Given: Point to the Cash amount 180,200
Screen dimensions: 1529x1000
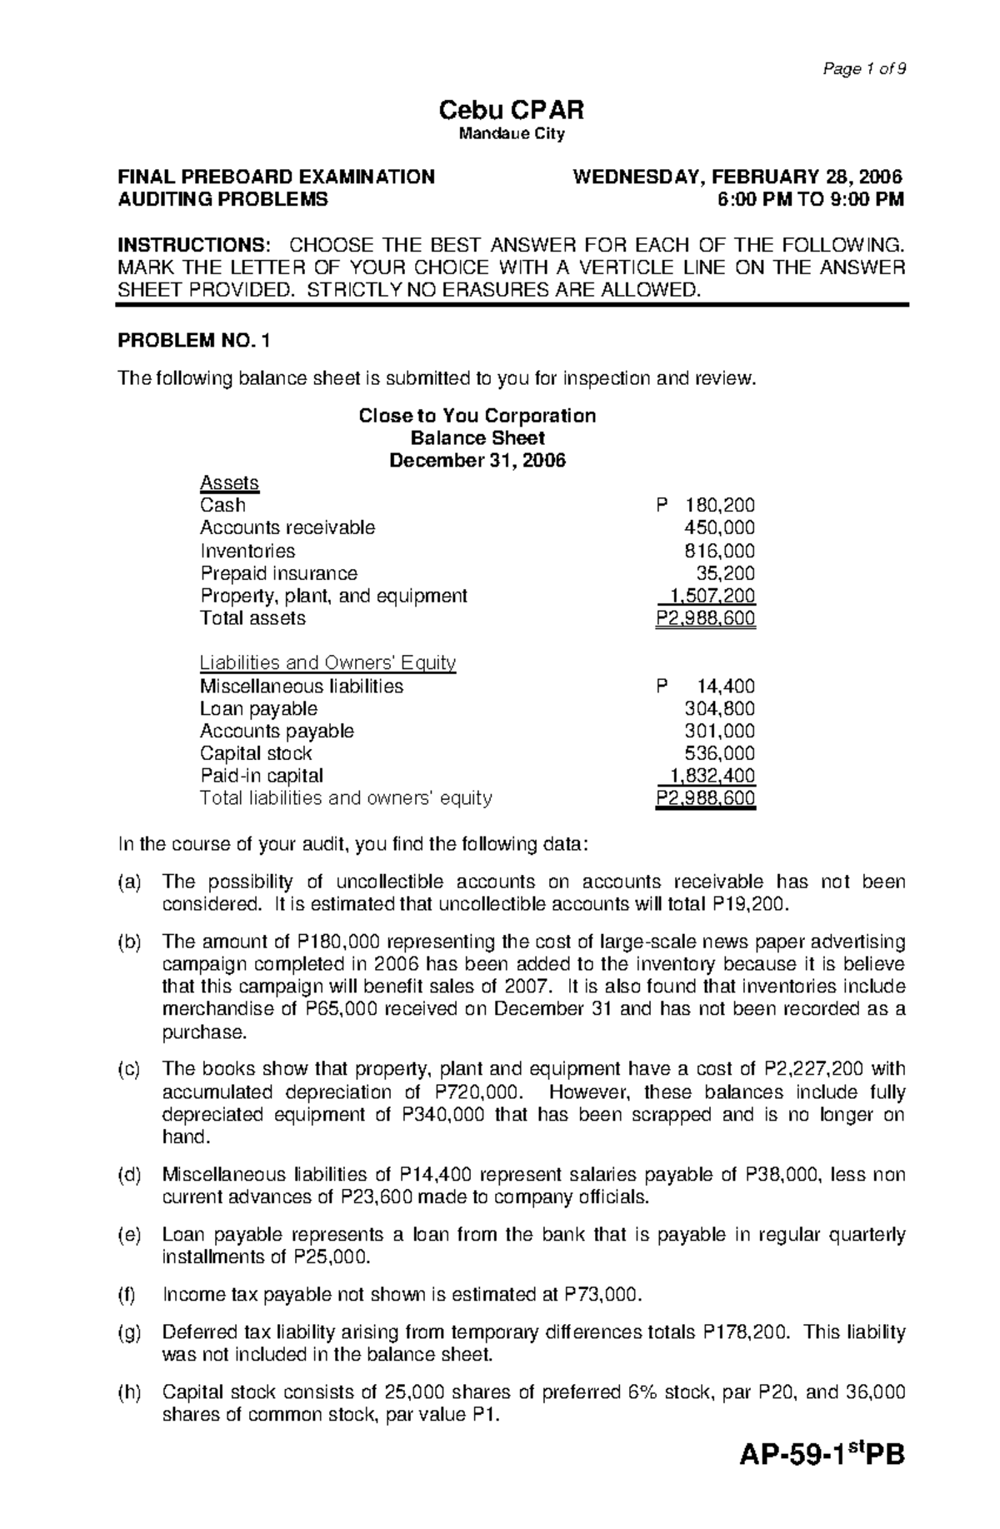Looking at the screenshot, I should pyautogui.click(x=719, y=505).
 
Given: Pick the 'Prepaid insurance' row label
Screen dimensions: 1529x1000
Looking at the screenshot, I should pyautogui.click(x=278, y=573).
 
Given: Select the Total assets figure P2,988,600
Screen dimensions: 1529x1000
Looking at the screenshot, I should pyautogui.click(x=706, y=618).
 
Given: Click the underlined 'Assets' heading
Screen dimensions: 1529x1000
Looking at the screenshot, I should pyautogui.click(x=229, y=483).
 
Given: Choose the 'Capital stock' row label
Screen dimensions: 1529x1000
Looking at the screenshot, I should pyautogui.click(x=256, y=753).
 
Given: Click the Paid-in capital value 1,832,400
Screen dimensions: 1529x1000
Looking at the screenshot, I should pyautogui.click(x=710, y=776).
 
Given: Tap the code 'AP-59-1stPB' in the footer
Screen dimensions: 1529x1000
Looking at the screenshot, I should pyautogui.click(x=822, y=1479).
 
